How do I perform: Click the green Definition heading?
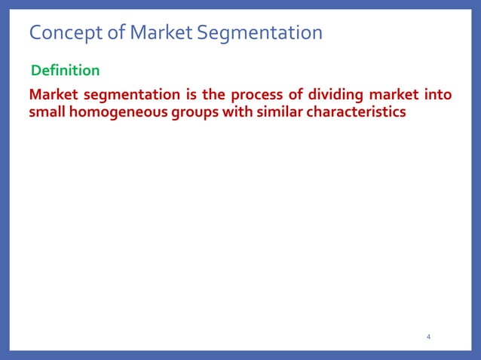[65, 71]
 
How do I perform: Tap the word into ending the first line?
[438, 96]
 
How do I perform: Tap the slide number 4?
[428, 337]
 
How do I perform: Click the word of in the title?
[115, 33]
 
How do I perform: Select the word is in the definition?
[188, 96]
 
